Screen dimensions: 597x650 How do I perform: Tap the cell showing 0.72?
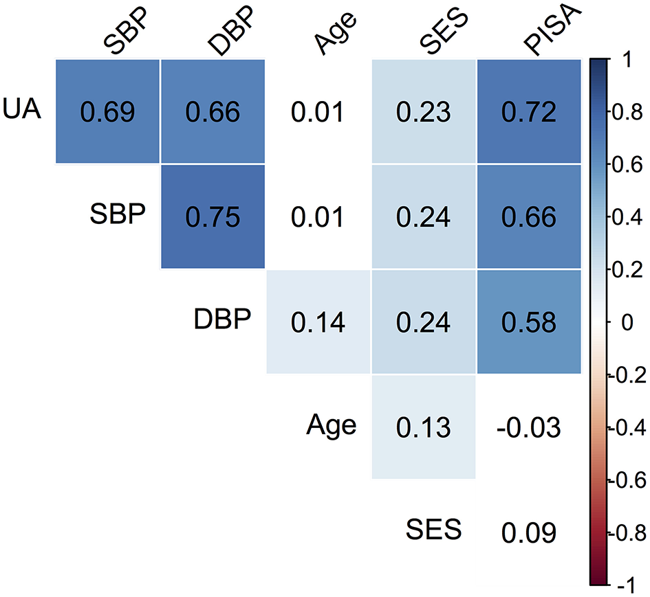tap(528, 111)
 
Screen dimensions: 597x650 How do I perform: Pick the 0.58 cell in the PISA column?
tap(528, 322)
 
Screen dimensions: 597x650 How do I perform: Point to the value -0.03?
tap(528, 427)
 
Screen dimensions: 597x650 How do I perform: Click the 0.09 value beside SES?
tap(528, 532)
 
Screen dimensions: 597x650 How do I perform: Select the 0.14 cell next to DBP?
tap(317, 322)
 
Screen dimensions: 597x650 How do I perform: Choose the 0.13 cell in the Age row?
tap(423, 427)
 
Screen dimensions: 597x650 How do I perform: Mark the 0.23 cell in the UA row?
tap(423, 111)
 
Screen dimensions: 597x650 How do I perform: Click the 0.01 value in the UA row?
tap(317, 111)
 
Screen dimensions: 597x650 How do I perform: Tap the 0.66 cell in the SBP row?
tap(528, 216)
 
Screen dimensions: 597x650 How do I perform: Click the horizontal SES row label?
tap(432, 530)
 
